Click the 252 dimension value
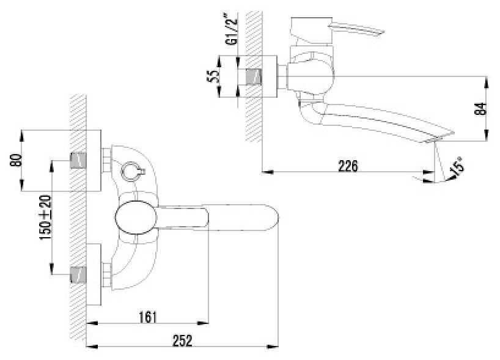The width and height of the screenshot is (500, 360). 183,340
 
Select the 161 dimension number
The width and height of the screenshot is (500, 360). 148,317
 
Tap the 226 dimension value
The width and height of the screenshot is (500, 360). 348,166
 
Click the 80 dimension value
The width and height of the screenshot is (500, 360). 16,160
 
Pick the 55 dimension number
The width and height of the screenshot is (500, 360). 214,76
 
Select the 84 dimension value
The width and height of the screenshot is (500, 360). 480,109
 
